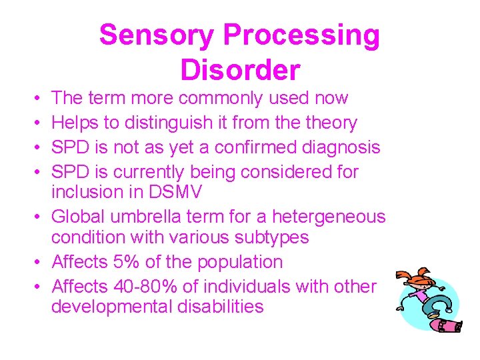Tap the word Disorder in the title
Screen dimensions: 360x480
pos(240,69)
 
